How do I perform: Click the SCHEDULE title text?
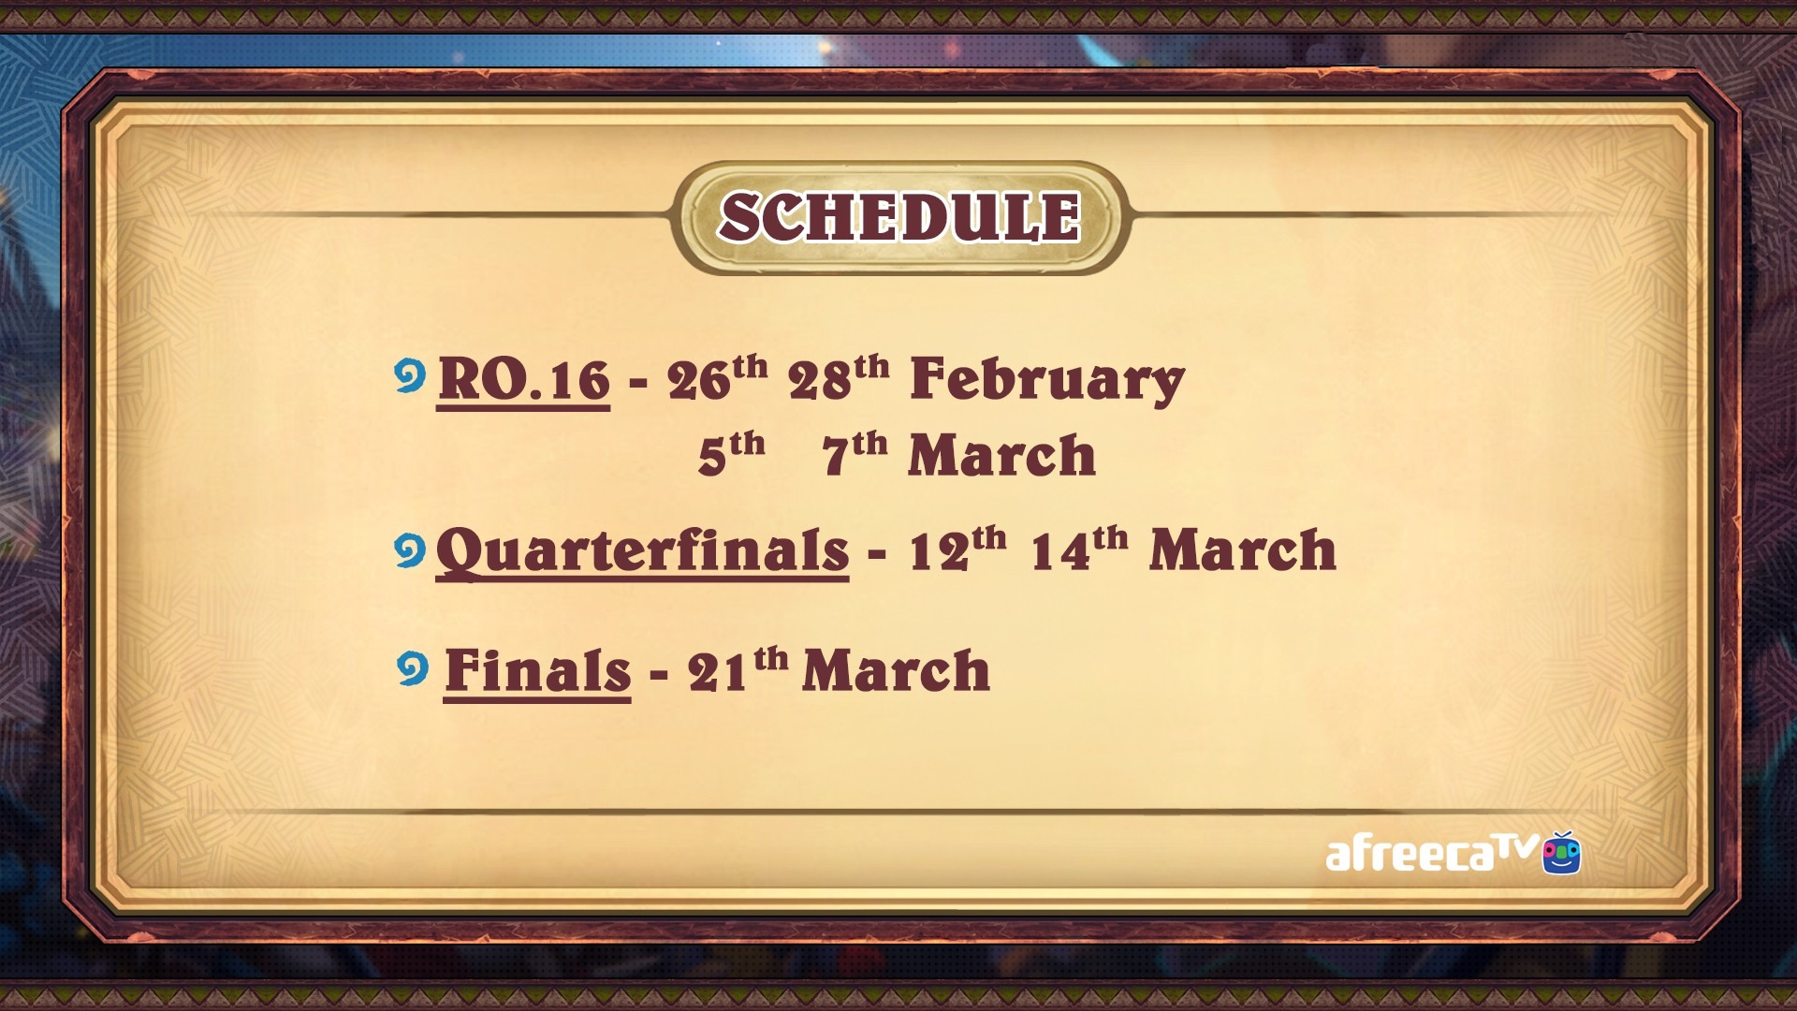click(x=899, y=217)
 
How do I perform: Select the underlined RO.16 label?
click(x=523, y=381)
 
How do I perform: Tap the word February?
click(x=1047, y=381)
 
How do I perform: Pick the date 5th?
click(x=731, y=454)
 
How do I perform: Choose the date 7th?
click(x=855, y=454)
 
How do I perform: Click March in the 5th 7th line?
click(x=1001, y=455)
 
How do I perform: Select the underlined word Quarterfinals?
click(x=642, y=550)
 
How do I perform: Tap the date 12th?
click(x=957, y=549)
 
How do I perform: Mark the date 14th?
click(x=1079, y=549)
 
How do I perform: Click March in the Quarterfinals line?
click(x=1243, y=549)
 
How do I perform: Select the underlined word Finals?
click(x=537, y=671)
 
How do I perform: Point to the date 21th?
click(x=738, y=669)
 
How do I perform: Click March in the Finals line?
click(x=897, y=670)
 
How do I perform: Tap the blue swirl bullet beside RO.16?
click(x=410, y=376)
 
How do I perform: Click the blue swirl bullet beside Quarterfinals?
click(x=410, y=550)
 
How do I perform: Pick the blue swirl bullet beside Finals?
click(x=413, y=669)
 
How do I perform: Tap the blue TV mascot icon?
click(x=1562, y=852)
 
